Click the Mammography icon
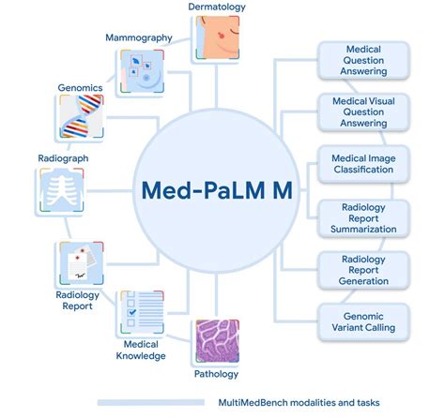click(x=141, y=73)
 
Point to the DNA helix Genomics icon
click(x=79, y=121)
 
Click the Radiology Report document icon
click(x=79, y=264)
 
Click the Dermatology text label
click(x=217, y=7)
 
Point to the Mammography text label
click(x=139, y=37)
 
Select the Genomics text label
click(x=79, y=87)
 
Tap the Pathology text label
click(x=217, y=374)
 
